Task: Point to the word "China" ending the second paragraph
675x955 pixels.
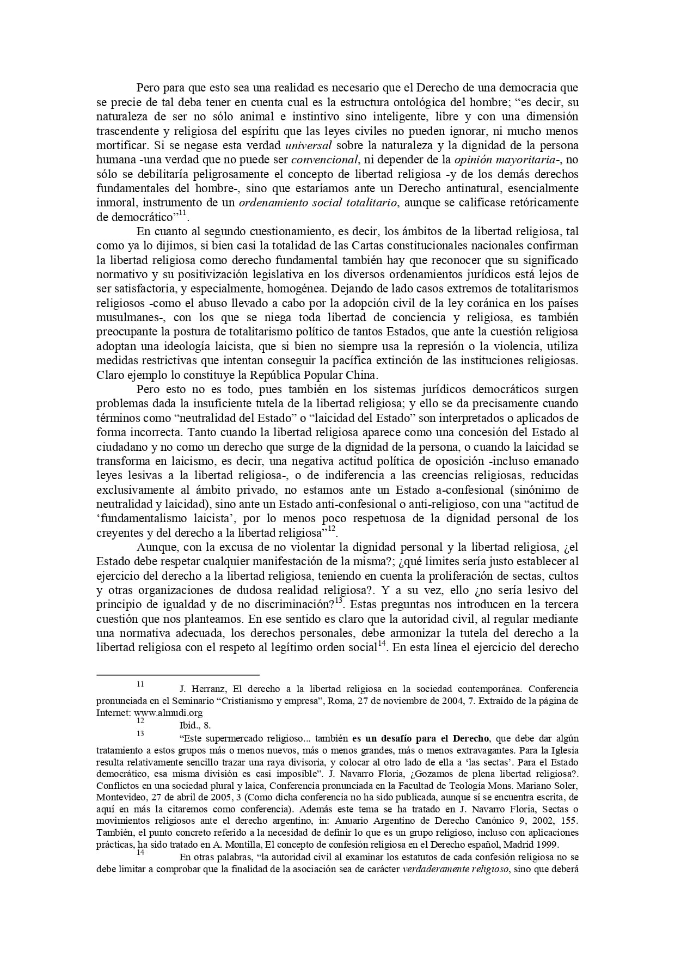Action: pos(361,375)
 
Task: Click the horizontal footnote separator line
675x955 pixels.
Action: pos(177,675)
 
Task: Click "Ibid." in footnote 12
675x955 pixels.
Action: pos(188,725)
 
